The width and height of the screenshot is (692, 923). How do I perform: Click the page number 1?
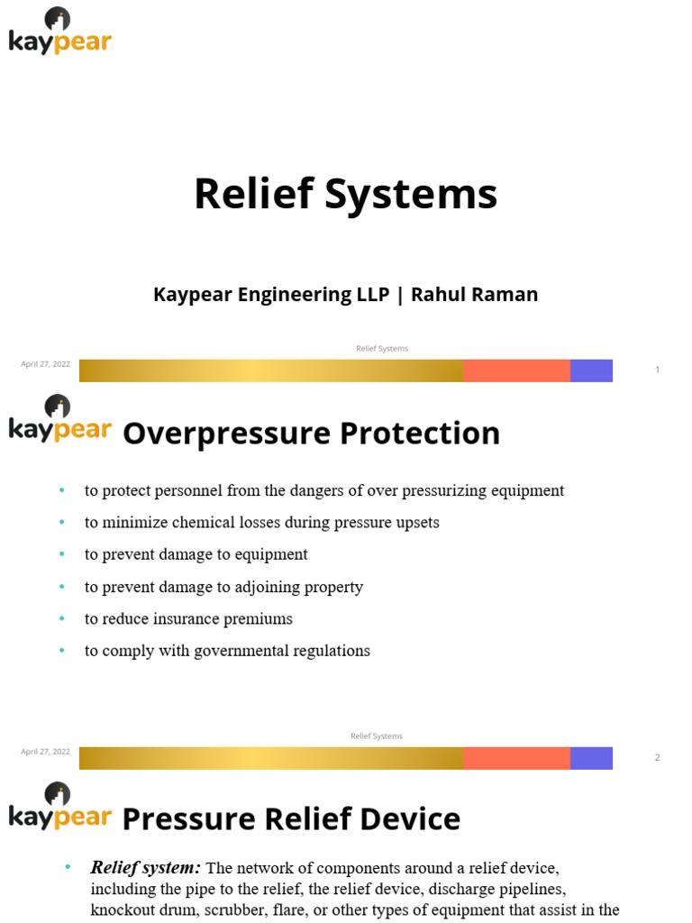point(658,370)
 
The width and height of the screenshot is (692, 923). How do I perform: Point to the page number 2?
point(658,757)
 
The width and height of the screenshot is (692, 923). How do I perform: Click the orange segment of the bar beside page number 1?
point(516,370)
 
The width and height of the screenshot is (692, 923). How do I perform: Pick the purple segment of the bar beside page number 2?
point(591,758)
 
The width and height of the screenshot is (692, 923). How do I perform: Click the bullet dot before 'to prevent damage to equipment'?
point(62,554)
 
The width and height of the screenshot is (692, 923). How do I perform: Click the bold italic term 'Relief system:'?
point(146,868)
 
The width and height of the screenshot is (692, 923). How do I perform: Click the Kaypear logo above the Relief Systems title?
point(59,32)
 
